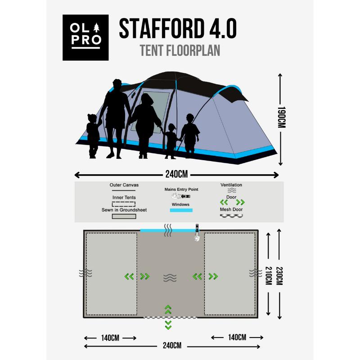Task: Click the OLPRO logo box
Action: click(x=85, y=38)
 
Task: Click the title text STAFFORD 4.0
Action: click(x=177, y=29)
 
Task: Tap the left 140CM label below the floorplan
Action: click(x=110, y=337)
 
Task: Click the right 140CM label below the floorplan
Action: click(x=237, y=337)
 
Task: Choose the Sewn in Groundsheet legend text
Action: click(x=124, y=210)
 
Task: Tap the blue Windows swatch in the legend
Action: click(x=181, y=210)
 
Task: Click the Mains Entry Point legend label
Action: click(x=181, y=189)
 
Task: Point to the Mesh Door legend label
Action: click(x=231, y=209)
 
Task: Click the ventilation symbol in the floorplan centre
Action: click(x=170, y=278)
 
